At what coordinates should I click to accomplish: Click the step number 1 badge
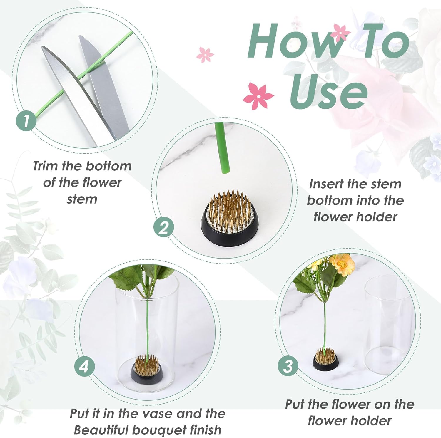pos(26,120)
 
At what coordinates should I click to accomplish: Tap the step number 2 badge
pos(163,227)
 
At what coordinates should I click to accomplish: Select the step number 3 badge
pos(288,366)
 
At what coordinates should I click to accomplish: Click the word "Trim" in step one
pos(45,166)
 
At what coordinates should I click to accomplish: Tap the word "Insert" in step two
pos(326,184)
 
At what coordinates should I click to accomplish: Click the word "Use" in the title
pos(328,91)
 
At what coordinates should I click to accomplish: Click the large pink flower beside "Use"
pos(258,96)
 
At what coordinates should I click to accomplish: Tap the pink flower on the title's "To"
pos(340,33)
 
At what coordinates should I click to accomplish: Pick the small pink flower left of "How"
pos(205,54)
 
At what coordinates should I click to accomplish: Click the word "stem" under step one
pos(82,199)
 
